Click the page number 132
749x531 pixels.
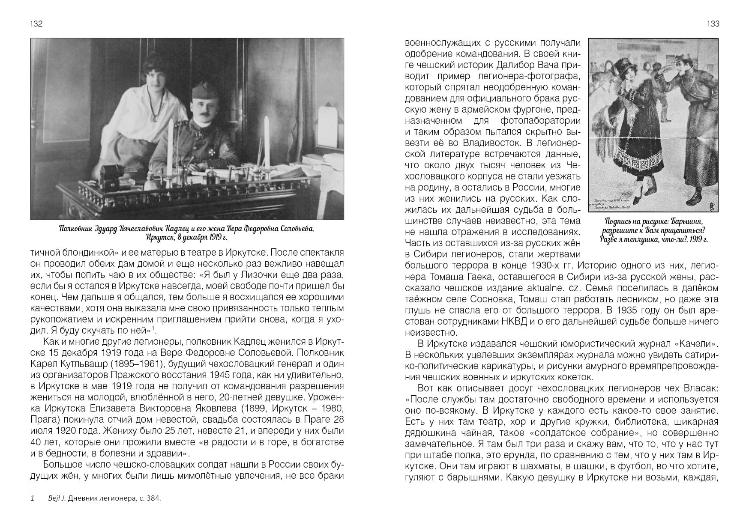pyautogui.click(x=36, y=24)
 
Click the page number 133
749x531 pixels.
pyautogui.click(x=713, y=24)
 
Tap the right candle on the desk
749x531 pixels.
pyautogui.click(x=266, y=139)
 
